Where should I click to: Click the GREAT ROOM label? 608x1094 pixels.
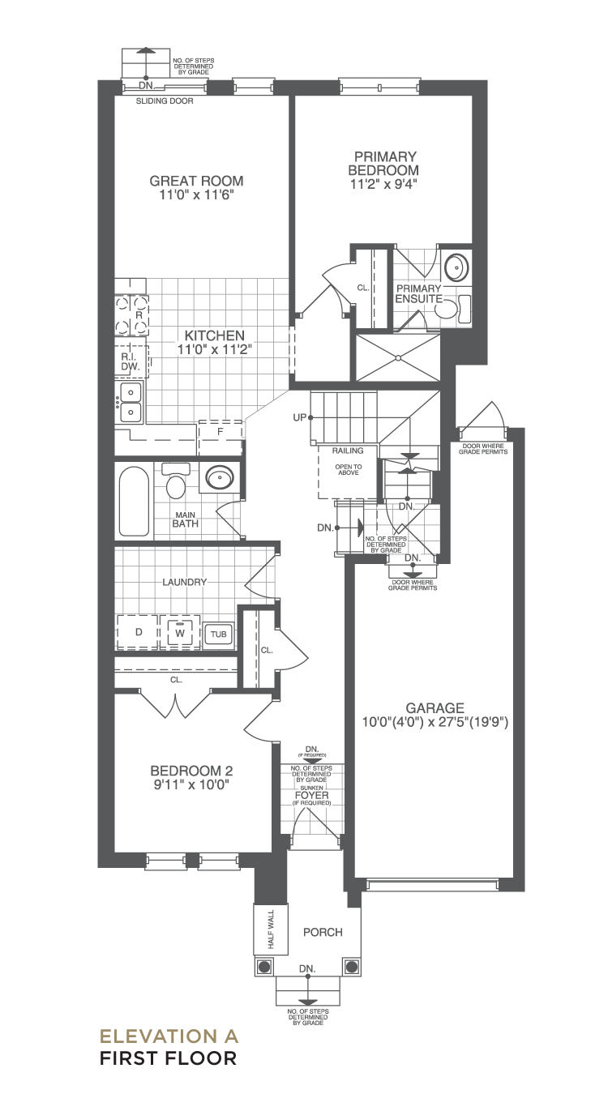coord(196,181)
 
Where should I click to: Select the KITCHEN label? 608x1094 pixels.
coord(215,335)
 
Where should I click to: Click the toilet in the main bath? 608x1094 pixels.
coord(175,481)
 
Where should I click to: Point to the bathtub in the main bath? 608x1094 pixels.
coord(134,502)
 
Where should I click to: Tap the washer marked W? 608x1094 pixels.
coord(180,632)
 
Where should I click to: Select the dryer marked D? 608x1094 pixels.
coord(138,632)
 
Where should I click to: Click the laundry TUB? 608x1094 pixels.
coord(218,634)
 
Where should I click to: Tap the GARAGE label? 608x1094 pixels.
coord(435,707)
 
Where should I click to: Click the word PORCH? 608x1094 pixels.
coord(323,933)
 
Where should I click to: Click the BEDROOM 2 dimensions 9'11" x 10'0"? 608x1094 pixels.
coord(191,785)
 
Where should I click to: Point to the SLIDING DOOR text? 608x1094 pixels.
coord(165,101)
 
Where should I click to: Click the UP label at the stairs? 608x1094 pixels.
coord(299,417)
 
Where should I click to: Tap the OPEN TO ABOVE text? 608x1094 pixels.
coord(349,470)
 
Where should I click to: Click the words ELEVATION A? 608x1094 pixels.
coord(169,1036)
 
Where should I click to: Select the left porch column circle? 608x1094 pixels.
coord(264,967)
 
